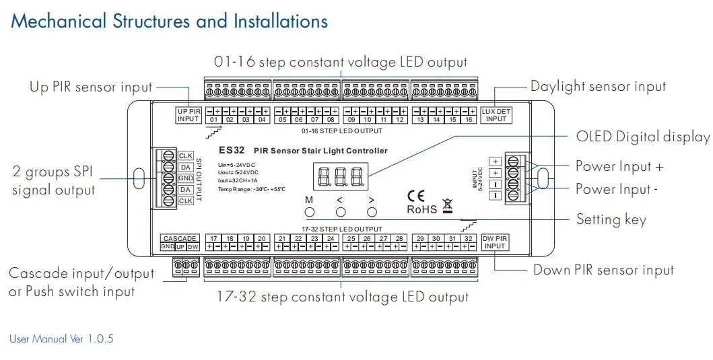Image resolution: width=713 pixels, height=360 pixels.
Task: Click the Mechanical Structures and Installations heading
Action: [170, 21]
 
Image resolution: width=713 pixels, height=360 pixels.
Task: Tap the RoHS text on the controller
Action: [421, 209]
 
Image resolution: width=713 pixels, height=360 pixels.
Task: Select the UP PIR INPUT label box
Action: [189, 115]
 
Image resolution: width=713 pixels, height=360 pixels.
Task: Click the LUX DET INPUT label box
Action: [496, 115]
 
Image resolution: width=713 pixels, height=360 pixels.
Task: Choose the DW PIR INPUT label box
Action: [496, 242]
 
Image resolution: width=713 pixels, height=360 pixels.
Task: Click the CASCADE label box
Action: [180, 238]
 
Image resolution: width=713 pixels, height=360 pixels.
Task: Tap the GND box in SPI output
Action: [186, 178]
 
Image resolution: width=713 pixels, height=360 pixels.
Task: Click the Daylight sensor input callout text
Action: [598, 86]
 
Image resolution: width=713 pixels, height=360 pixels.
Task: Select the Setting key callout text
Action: [611, 219]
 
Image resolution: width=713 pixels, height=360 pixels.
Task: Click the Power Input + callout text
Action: [619, 166]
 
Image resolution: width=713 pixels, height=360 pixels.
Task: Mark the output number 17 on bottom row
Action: [213, 239]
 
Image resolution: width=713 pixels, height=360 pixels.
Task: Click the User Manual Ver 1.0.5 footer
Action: [61, 338]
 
